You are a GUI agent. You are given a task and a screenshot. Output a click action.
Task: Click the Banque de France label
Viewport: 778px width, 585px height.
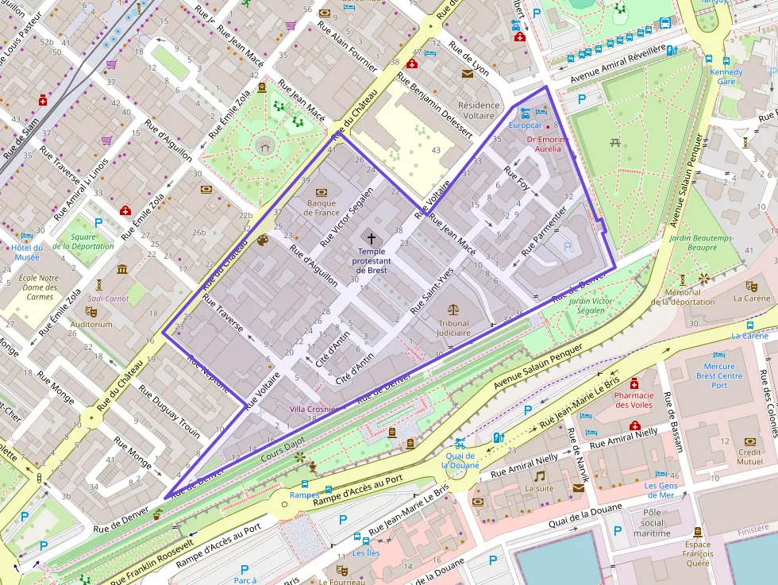click(322, 207)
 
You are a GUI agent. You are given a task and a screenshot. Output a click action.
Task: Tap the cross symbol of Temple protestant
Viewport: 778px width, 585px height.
click(370, 237)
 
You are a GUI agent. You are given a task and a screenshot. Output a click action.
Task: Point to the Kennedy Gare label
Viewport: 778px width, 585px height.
click(726, 76)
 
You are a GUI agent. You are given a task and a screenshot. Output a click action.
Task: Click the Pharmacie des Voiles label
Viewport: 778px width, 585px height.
click(634, 400)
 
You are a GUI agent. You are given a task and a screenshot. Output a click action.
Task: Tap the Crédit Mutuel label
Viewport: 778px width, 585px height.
click(749, 456)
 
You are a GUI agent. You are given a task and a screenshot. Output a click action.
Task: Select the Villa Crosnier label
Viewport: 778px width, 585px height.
click(313, 409)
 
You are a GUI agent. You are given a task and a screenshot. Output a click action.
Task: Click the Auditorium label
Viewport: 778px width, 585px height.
click(91, 324)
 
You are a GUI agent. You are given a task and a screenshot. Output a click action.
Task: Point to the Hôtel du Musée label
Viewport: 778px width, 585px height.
click(26, 252)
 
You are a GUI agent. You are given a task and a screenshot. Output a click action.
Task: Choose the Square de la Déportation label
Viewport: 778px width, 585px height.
click(83, 241)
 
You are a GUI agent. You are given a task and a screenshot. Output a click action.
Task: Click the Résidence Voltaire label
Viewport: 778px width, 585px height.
click(479, 110)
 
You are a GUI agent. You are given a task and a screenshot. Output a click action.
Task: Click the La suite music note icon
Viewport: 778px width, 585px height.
click(539, 475)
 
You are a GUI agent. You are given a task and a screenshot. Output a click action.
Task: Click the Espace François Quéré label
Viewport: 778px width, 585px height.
click(697, 554)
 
